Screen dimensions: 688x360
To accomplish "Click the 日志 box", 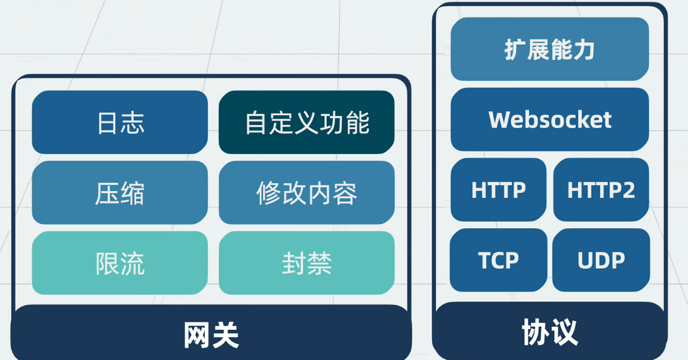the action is [120, 122].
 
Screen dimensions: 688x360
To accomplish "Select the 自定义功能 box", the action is [307, 122].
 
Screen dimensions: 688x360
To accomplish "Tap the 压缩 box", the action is [120, 192].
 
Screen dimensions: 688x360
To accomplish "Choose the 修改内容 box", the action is [307, 192].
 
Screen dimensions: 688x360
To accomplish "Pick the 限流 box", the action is [120, 263].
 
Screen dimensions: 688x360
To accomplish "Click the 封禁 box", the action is [307, 263].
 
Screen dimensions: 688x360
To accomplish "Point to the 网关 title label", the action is [211, 335].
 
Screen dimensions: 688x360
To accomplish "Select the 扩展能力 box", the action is [550, 49].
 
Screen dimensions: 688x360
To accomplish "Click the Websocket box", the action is [550, 119].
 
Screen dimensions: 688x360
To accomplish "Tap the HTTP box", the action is [499, 190].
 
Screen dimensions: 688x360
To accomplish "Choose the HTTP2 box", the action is [601, 190].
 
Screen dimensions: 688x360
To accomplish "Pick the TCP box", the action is [499, 260].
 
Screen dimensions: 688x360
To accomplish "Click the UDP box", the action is [601, 260].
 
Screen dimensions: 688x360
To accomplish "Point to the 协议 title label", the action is [550, 332].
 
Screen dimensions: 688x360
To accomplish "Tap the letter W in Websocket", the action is [500, 119].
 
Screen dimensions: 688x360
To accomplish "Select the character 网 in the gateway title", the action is [197, 335].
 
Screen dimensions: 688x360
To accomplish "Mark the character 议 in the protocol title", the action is [564, 332].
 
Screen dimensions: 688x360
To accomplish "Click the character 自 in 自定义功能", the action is [256, 122].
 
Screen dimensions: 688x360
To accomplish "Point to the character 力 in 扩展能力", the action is [584, 49].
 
